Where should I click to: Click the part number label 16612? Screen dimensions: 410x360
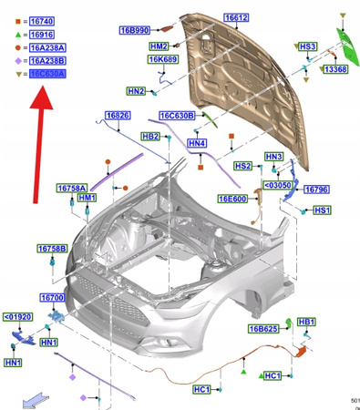point(236,17)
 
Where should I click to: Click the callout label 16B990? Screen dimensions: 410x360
point(134,30)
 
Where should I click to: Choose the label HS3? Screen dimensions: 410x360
point(307,46)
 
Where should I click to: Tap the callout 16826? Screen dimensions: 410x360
point(117,116)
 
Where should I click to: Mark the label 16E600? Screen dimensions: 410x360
point(231,199)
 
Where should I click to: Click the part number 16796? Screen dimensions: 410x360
point(314,190)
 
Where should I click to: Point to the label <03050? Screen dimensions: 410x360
point(277,183)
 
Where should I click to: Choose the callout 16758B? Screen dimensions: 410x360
point(52,248)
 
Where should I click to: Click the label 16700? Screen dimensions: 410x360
point(51,298)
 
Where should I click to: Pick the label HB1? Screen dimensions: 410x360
point(306,322)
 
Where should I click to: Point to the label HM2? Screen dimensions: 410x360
point(159,46)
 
